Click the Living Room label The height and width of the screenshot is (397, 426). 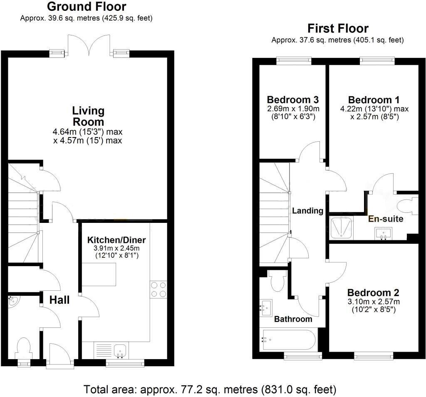[88, 116]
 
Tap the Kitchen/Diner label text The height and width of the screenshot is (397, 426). [116, 240]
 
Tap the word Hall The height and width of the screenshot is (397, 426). [59, 300]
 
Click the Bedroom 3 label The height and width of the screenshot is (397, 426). [292, 100]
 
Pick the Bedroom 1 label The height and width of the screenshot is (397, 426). [374, 100]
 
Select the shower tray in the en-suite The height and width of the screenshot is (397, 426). [341, 227]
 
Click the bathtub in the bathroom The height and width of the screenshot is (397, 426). [287, 340]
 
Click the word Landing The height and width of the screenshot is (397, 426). [307, 210]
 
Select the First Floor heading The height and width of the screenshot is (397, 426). [338, 28]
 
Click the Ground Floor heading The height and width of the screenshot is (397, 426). [87, 7]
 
